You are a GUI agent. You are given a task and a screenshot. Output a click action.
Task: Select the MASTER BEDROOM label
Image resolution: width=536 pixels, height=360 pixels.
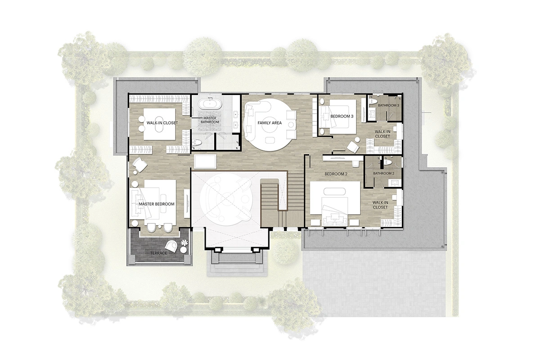pyautogui.click(x=156, y=204)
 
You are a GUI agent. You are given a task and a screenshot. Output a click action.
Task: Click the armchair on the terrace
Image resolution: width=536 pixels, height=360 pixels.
pyautogui.click(x=171, y=245)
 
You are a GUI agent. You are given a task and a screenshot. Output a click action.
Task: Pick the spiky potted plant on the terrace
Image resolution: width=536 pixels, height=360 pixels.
pyautogui.click(x=184, y=243)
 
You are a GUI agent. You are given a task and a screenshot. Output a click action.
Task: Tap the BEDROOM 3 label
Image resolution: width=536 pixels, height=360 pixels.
pyautogui.click(x=342, y=116)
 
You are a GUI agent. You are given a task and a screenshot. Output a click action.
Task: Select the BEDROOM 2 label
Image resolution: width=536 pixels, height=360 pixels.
pyautogui.click(x=337, y=174)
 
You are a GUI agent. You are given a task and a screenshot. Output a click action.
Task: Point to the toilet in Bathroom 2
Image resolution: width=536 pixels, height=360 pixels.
pyautogui.click(x=389, y=162)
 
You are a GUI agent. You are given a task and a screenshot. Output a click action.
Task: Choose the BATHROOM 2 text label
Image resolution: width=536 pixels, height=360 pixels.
pyautogui.click(x=383, y=173)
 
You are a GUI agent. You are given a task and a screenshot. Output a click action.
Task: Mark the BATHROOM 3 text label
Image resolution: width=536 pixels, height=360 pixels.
pyautogui.click(x=388, y=105)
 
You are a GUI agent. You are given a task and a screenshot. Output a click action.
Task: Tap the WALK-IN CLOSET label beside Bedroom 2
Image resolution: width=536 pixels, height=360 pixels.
pyautogui.click(x=380, y=205)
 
